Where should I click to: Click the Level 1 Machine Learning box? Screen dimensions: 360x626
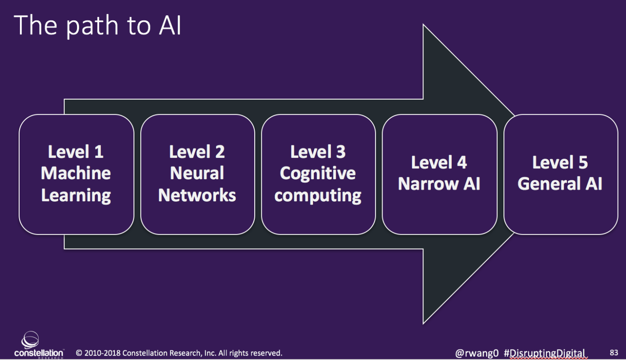(x=76, y=174)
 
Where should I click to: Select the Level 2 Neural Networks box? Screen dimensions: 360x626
(x=197, y=174)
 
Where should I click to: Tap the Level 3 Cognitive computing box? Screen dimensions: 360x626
(x=318, y=174)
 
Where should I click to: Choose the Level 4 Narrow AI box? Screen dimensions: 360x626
(x=439, y=174)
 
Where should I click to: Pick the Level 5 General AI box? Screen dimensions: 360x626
(x=560, y=174)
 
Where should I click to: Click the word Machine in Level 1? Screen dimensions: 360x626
(x=76, y=173)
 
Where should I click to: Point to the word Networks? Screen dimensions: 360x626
(x=197, y=195)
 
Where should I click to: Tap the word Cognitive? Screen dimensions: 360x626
(x=318, y=173)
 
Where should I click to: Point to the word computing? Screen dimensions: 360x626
(x=318, y=196)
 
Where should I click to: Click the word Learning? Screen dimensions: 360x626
(x=76, y=196)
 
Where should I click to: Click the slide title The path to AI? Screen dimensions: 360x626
(x=98, y=26)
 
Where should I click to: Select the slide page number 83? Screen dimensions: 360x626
(x=614, y=353)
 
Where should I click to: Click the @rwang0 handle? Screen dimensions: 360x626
(x=477, y=353)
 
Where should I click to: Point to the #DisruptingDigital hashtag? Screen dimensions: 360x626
(x=545, y=353)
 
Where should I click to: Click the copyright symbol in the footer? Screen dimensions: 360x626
(x=80, y=353)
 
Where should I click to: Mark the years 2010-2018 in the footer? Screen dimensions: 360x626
(x=100, y=353)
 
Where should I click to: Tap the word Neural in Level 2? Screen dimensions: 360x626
(x=197, y=173)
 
